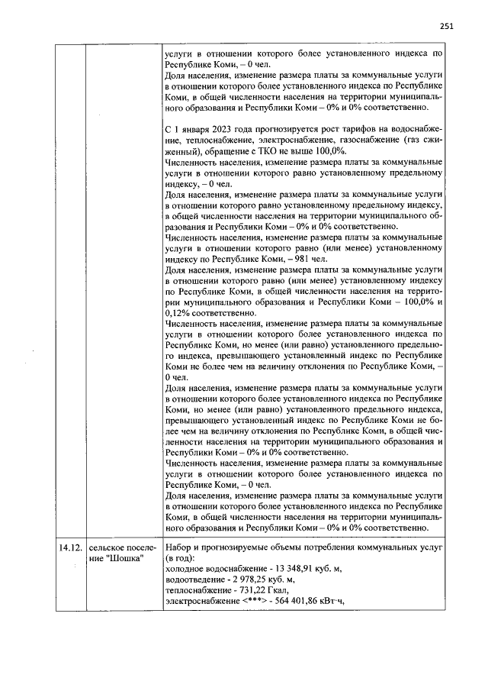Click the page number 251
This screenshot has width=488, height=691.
pos(447,26)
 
